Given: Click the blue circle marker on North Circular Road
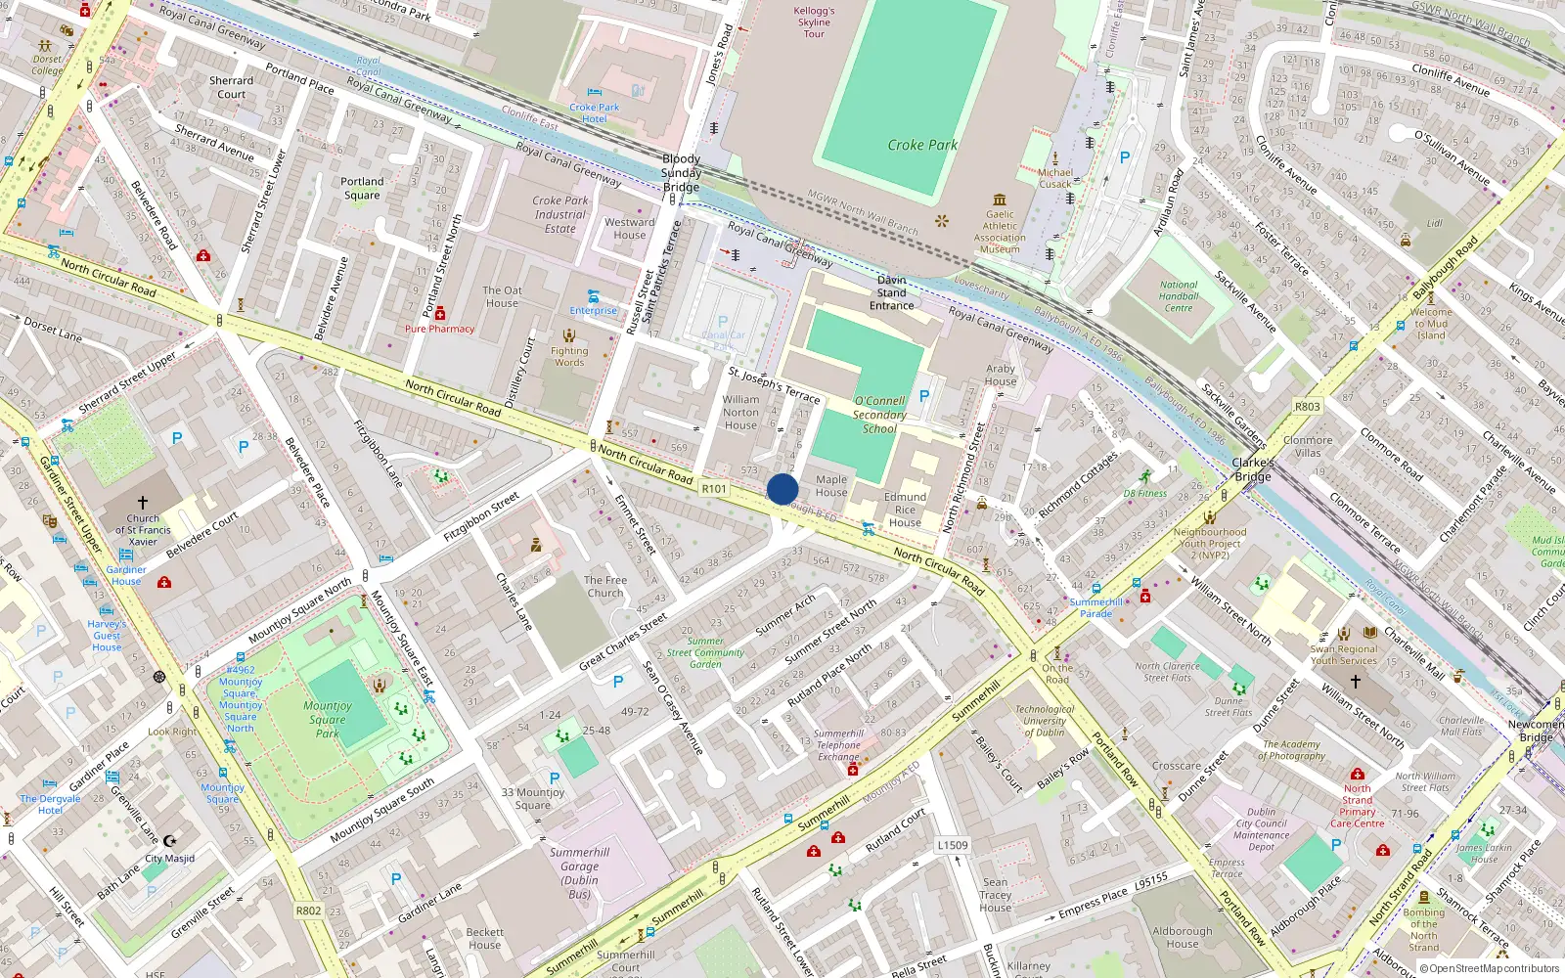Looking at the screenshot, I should click(782, 489).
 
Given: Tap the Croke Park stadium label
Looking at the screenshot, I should click(921, 145).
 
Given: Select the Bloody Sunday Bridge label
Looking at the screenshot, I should click(681, 172).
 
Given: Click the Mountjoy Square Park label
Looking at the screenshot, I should click(328, 719).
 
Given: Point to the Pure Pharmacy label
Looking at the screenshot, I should click(439, 329).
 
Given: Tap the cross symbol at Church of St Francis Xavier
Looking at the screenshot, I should click(143, 503).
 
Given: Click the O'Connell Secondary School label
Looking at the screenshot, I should click(879, 415).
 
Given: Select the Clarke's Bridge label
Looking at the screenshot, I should click(1253, 469).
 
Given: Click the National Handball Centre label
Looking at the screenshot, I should click(1179, 296).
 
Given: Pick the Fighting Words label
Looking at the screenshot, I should click(569, 356).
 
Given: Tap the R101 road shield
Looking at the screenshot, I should click(714, 489).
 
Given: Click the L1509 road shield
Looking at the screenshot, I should click(952, 845).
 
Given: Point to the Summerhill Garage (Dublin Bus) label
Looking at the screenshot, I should click(579, 872).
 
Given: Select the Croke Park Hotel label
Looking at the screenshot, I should click(595, 112).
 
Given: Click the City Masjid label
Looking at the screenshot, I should click(170, 859).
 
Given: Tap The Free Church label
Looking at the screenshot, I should click(605, 586).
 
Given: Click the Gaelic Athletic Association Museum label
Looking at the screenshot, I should click(1000, 232).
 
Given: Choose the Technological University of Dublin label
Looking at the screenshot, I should click(1045, 721).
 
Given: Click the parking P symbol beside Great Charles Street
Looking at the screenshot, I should click(618, 682).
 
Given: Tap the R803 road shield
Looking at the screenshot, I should click(1307, 407).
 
